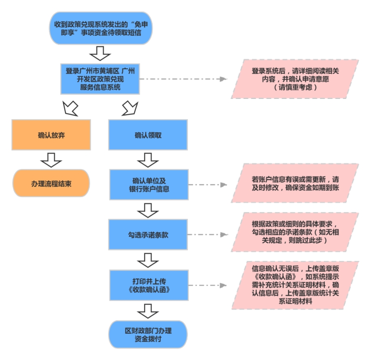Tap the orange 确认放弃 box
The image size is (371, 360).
click(x=51, y=135)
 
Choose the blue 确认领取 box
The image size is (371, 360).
click(x=148, y=135)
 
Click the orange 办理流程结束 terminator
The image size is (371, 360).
click(x=51, y=183)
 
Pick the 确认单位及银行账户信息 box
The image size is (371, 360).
click(x=148, y=185)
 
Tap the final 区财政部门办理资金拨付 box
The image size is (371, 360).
click(x=148, y=334)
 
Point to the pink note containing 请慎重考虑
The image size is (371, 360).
click(x=295, y=79)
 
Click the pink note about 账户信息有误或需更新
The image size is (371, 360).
click(x=295, y=183)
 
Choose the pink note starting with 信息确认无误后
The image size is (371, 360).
click(x=295, y=285)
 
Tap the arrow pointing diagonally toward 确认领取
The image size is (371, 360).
click(x=130, y=108)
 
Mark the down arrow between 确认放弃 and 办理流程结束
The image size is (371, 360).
click(x=51, y=159)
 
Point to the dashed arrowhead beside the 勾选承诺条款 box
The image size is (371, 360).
click(x=223, y=235)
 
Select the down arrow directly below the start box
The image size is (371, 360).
click(x=100, y=52)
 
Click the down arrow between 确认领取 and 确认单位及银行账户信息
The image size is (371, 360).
click(x=148, y=160)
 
